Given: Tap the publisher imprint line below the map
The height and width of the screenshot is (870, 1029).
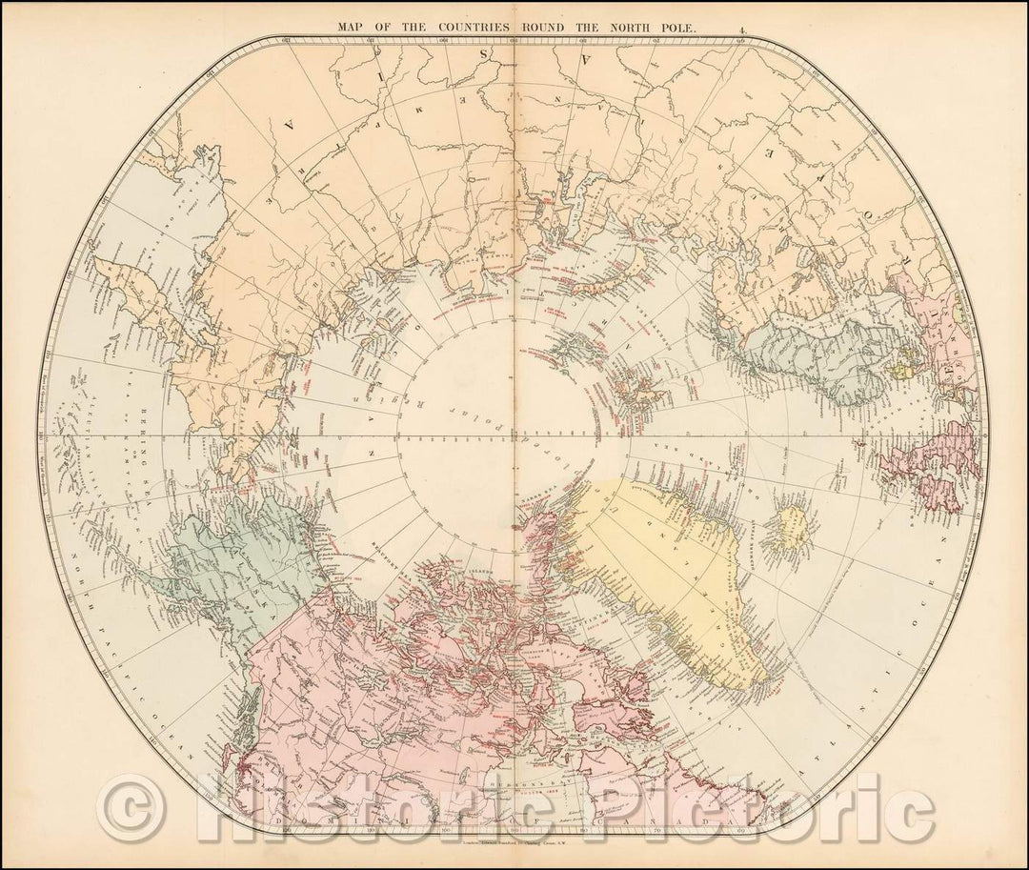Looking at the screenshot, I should coord(514,836).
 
